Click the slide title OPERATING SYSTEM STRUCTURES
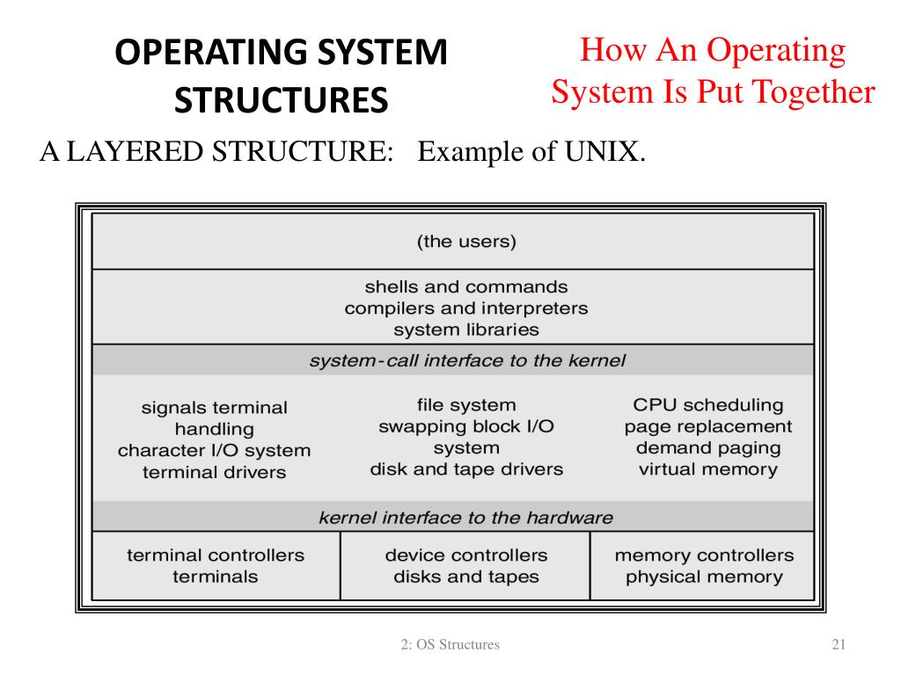pos(281,77)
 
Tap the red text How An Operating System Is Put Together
pos(714,71)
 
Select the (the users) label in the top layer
pos(466,241)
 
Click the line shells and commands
pos(466,287)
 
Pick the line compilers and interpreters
pos(466,308)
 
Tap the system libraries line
pos(466,330)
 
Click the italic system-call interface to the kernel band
pos(466,360)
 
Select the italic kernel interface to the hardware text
pos(466,517)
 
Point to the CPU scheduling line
pos(708,405)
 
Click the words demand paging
pos(708,447)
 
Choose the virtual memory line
pos(708,468)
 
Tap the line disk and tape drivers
pos(466,468)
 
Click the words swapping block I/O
pos(466,426)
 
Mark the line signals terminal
pos(215,408)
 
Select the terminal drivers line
pos(215,472)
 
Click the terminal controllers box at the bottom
pos(216,566)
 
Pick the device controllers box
pos(466,566)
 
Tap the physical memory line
pos(704,577)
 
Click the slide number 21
pos(838,645)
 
